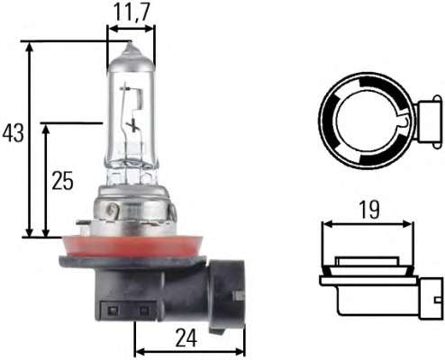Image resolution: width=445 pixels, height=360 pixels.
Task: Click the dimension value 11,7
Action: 130,12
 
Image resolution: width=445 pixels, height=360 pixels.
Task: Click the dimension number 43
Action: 13,134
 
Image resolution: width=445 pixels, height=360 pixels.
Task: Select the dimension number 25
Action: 62,180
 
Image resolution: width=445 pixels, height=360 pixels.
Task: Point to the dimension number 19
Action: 367,209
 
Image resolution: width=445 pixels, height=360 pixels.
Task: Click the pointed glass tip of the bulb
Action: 130,47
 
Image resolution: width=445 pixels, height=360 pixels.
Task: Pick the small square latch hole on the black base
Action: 113,310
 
